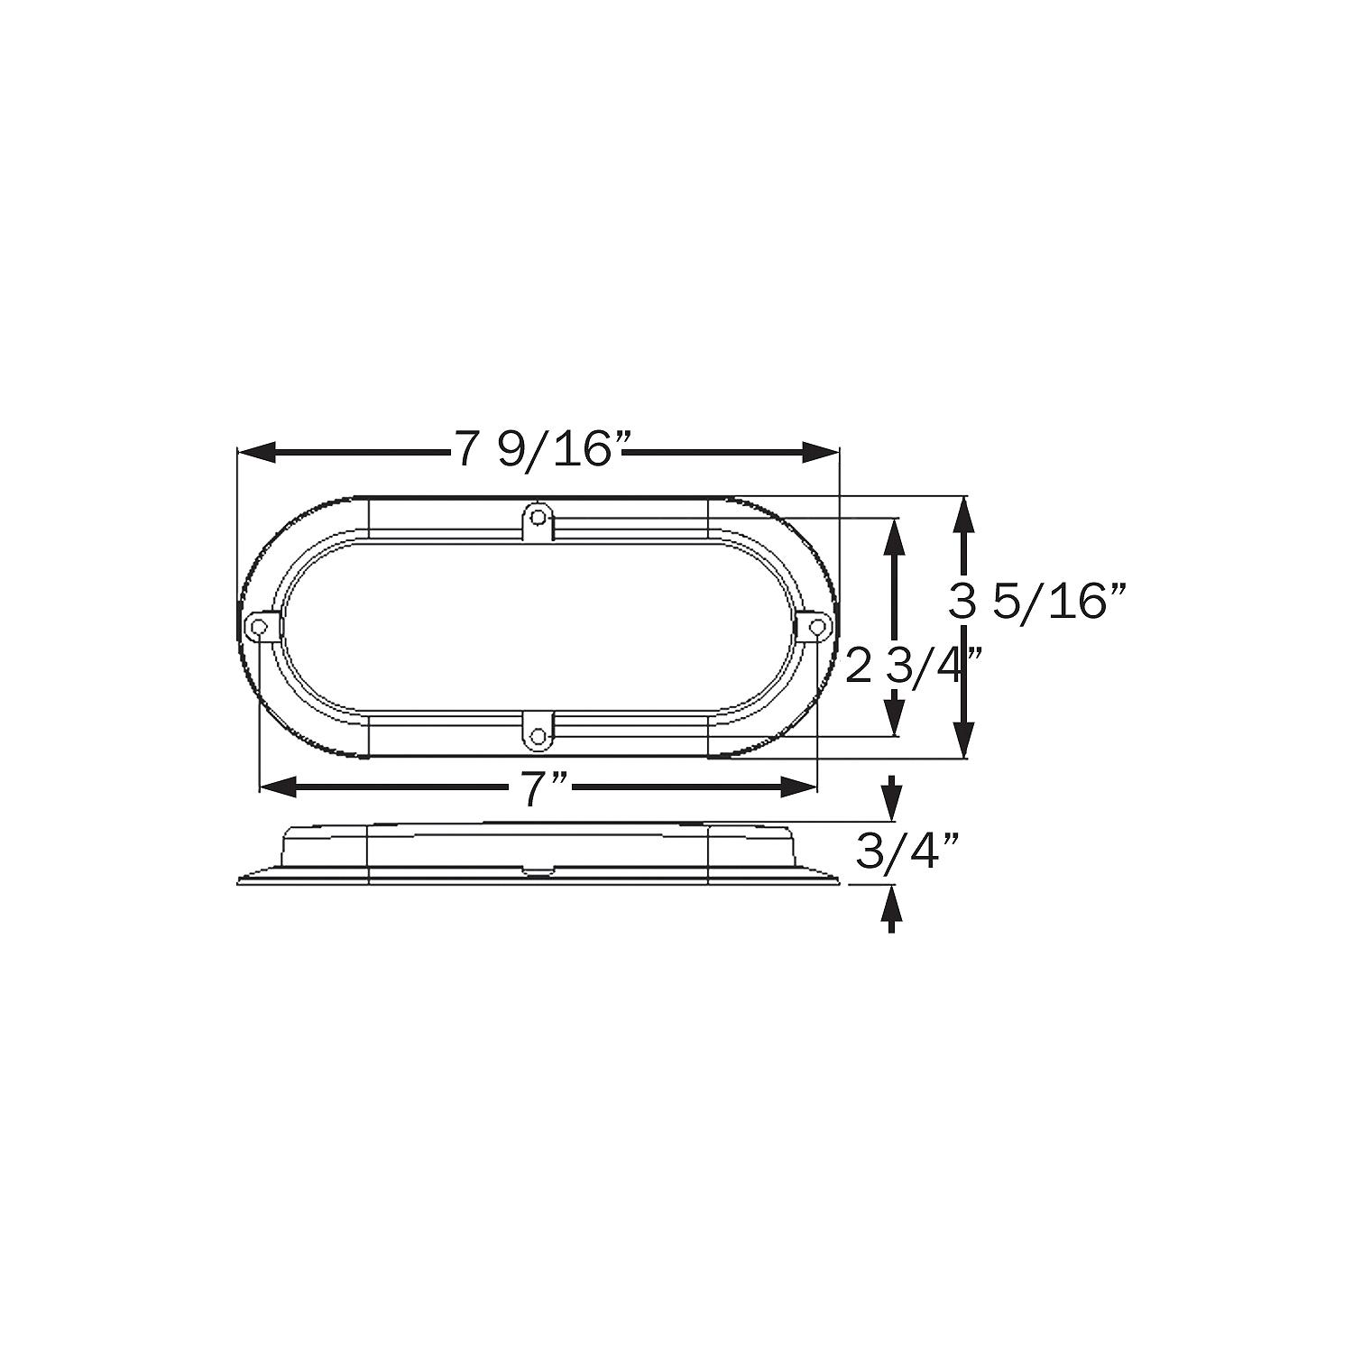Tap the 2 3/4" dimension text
click(912, 668)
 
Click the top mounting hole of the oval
click(538, 517)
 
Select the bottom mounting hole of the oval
click(538, 736)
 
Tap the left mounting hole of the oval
click(260, 626)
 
